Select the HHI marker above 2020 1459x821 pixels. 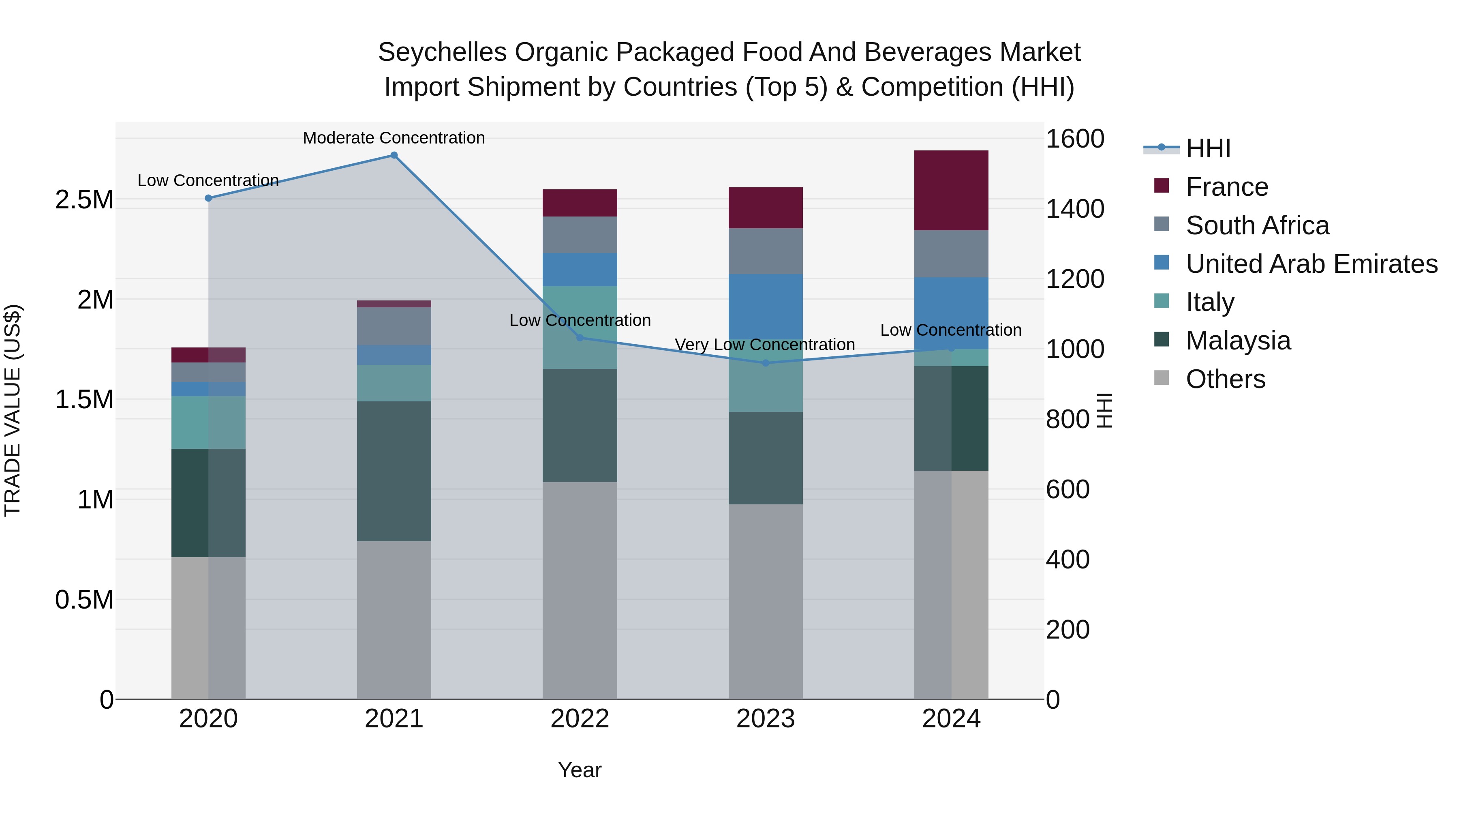click(x=208, y=198)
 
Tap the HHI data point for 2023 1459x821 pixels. click(x=766, y=362)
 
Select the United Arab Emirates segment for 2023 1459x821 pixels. click(x=766, y=307)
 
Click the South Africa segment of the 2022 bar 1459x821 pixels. click(x=580, y=235)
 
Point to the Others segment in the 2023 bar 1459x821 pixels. click(x=766, y=601)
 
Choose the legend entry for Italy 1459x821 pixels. click(x=1210, y=302)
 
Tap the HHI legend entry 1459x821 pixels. click(x=1208, y=148)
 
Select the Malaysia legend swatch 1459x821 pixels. click(x=1161, y=340)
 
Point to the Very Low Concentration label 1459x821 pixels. click(x=765, y=345)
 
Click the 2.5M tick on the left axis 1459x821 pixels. click(x=84, y=200)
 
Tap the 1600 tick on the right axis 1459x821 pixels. click(x=1074, y=139)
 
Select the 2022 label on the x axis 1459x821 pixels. click(x=580, y=719)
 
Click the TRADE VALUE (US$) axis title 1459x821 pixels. click(x=13, y=410)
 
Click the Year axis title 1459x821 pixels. click(x=580, y=770)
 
